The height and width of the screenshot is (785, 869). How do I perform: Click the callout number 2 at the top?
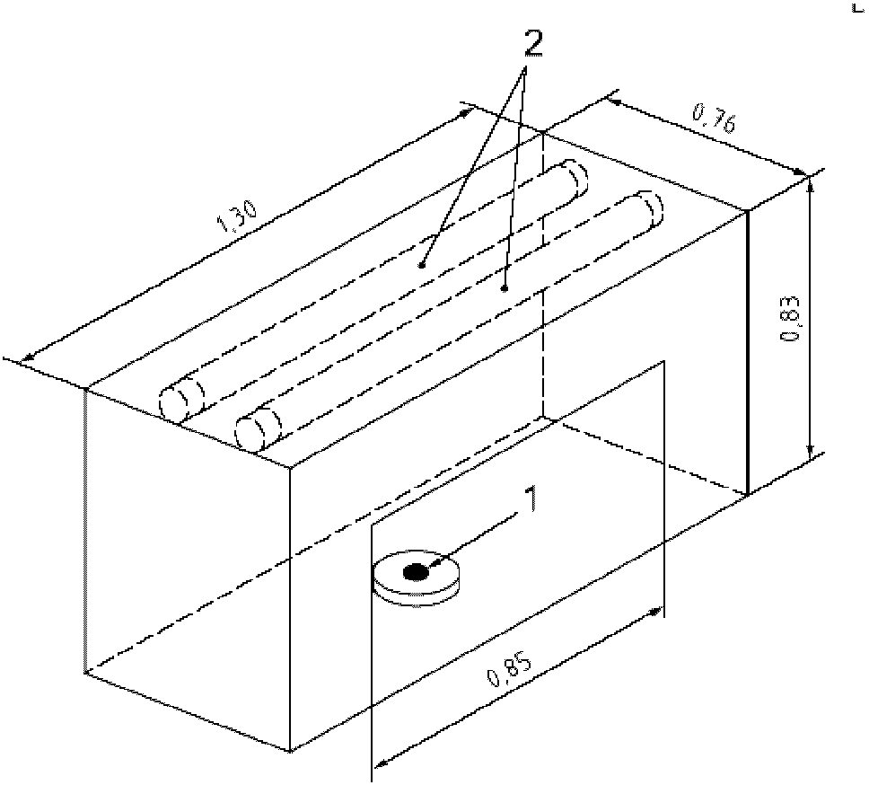coord(533,43)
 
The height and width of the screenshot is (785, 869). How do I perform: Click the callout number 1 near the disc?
coord(531,499)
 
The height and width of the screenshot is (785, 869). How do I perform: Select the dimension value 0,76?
coord(714,119)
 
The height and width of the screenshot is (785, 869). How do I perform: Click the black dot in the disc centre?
coord(415,572)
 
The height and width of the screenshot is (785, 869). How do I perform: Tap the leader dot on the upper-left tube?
coord(422,266)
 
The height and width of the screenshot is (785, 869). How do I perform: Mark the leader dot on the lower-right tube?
coord(505,288)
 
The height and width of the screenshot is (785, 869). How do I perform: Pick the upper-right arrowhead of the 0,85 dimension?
coord(656,612)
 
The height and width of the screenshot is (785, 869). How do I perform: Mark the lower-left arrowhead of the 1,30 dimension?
coord(25,360)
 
